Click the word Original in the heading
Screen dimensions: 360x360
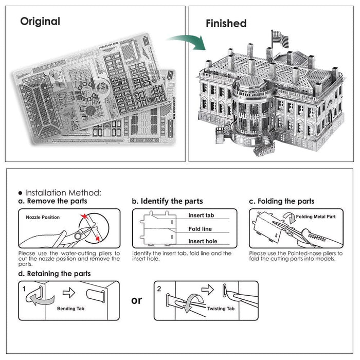point(40,22)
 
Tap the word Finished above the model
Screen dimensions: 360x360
point(226,23)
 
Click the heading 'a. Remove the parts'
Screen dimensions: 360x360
point(53,201)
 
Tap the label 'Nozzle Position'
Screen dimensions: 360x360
point(43,217)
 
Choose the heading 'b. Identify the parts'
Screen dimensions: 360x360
point(167,201)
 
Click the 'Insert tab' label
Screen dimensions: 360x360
point(201,215)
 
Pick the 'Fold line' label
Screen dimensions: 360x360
point(200,229)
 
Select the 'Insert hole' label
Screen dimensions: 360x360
point(202,241)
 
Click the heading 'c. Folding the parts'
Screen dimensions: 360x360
point(281,201)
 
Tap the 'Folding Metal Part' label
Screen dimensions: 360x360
point(316,217)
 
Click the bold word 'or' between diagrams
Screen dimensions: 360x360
point(137,300)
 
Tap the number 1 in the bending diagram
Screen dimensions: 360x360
point(24,290)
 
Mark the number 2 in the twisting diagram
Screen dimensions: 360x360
point(159,289)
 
